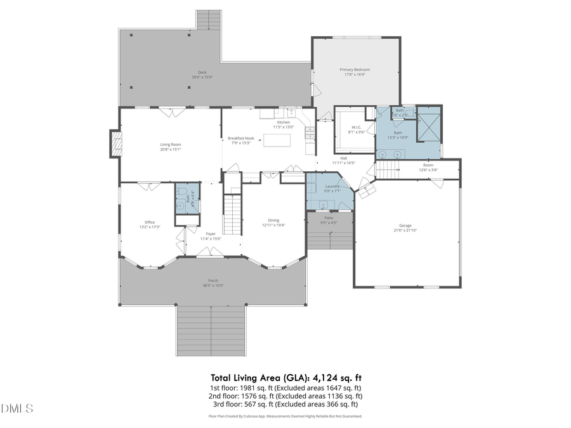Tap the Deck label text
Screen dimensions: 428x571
[x=202, y=73]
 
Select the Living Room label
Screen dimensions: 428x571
[x=171, y=145]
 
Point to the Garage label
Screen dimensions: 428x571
[x=405, y=226]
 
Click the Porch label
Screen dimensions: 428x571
[x=213, y=281]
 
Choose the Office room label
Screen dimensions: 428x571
[x=150, y=223]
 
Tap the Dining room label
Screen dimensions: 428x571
[x=274, y=221]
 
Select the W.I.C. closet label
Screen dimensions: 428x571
[x=356, y=128]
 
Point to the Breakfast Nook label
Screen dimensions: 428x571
[x=241, y=139]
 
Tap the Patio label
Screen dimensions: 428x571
[x=329, y=218]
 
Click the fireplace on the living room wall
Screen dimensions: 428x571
[x=115, y=143]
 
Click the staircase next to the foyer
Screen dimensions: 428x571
[x=233, y=215]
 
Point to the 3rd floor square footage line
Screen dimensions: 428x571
[x=284, y=404]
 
